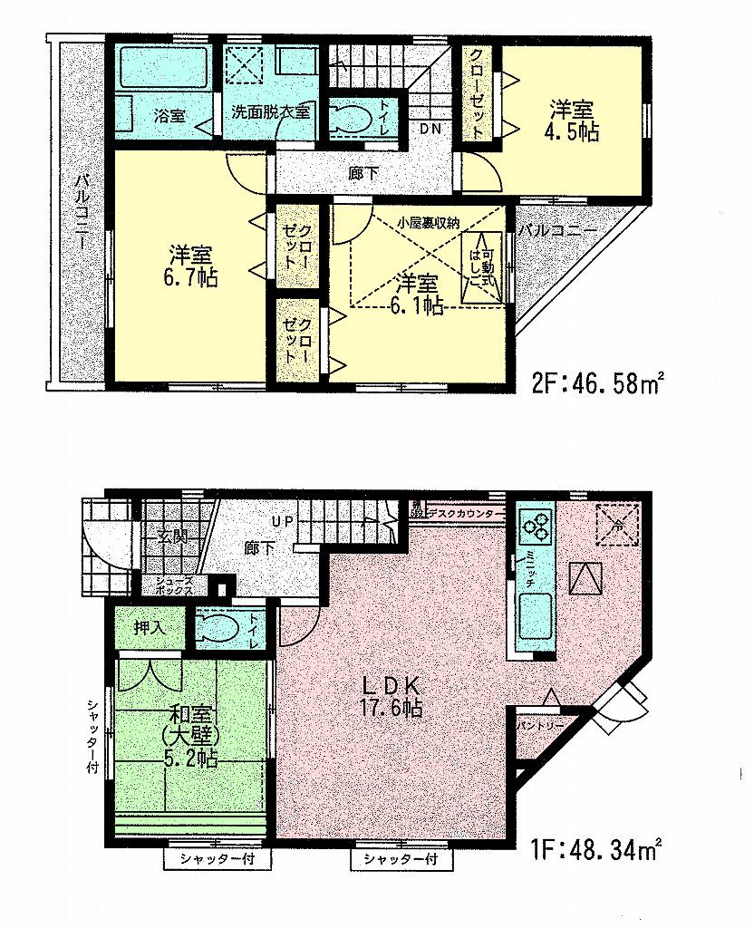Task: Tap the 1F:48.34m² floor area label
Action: coord(594,852)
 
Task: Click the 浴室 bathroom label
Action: coord(169,115)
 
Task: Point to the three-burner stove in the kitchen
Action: coord(536,524)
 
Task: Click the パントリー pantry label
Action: coord(540,726)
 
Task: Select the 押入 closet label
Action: coord(150,628)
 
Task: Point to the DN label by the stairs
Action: coord(429,129)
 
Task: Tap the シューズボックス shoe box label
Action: coord(173,584)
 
